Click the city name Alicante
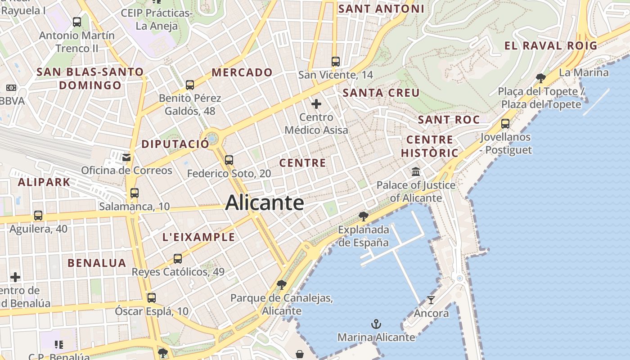pyautogui.click(x=265, y=202)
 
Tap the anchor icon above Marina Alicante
pyautogui.click(x=376, y=324)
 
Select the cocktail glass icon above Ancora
pyautogui.click(x=431, y=300)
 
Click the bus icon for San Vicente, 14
pyautogui.click(x=336, y=62)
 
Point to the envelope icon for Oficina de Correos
pyautogui.click(x=126, y=157)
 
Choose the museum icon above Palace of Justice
pyautogui.click(x=416, y=172)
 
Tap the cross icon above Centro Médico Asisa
pyautogui.click(x=316, y=104)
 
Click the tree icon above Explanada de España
pyautogui.click(x=364, y=216)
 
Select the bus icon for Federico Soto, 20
pyautogui.click(x=229, y=160)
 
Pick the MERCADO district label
pyautogui.click(x=242, y=72)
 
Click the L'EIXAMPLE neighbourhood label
pyautogui.click(x=198, y=237)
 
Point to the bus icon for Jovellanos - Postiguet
pyautogui.click(x=505, y=124)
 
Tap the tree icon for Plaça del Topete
pyautogui.click(x=541, y=78)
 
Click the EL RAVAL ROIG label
pyautogui.click(x=551, y=45)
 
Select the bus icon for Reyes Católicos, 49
pyautogui.click(x=178, y=259)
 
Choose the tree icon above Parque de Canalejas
pyautogui.click(x=282, y=285)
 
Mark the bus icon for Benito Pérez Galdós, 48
pyautogui.click(x=190, y=85)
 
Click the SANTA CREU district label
pyautogui.click(x=381, y=93)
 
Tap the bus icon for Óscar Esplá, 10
pyautogui.click(x=152, y=298)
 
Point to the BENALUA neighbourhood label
pyautogui.click(x=97, y=263)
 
